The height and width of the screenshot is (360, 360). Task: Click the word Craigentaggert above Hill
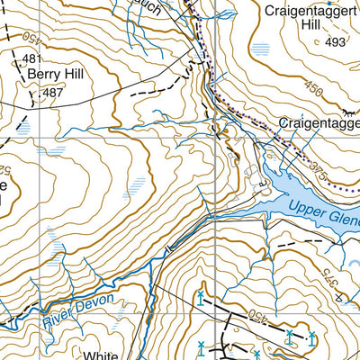coord(307,12)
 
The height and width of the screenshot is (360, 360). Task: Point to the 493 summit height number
coord(336,42)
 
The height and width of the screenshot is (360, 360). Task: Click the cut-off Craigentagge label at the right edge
coord(319,121)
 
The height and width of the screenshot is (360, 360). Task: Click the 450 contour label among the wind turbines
coord(258,318)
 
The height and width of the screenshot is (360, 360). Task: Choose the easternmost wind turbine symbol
coord(310,337)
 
